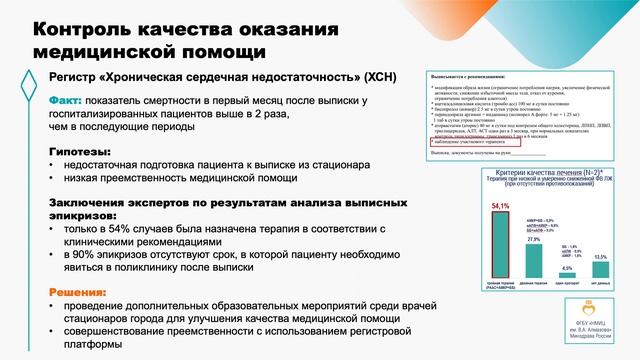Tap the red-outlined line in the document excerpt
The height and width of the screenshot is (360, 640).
click(x=463, y=141)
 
